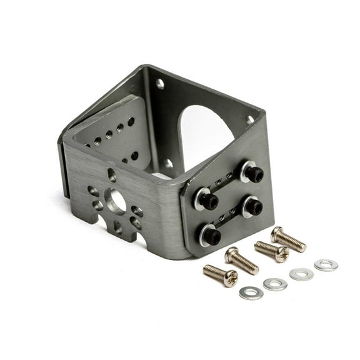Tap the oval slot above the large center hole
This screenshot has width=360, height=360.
[x=112, y=175]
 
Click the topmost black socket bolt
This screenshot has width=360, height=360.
[x=252, y=174]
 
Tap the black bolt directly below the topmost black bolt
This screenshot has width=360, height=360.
[x=252, y=206]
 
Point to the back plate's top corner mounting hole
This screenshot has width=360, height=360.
[x=159, y=82]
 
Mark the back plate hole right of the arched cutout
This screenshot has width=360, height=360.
[x=249, y=119]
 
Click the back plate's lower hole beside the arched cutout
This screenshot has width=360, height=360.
[x=169, y=164]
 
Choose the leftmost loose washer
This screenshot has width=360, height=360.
[x=251, y=292]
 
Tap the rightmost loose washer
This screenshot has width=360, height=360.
[x=326, y=265]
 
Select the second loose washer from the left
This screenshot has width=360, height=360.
[x=275, y=284]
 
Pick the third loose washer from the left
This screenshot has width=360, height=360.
[x=301, y=274]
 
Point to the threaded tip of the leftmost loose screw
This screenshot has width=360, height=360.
[x=207, y=269]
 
